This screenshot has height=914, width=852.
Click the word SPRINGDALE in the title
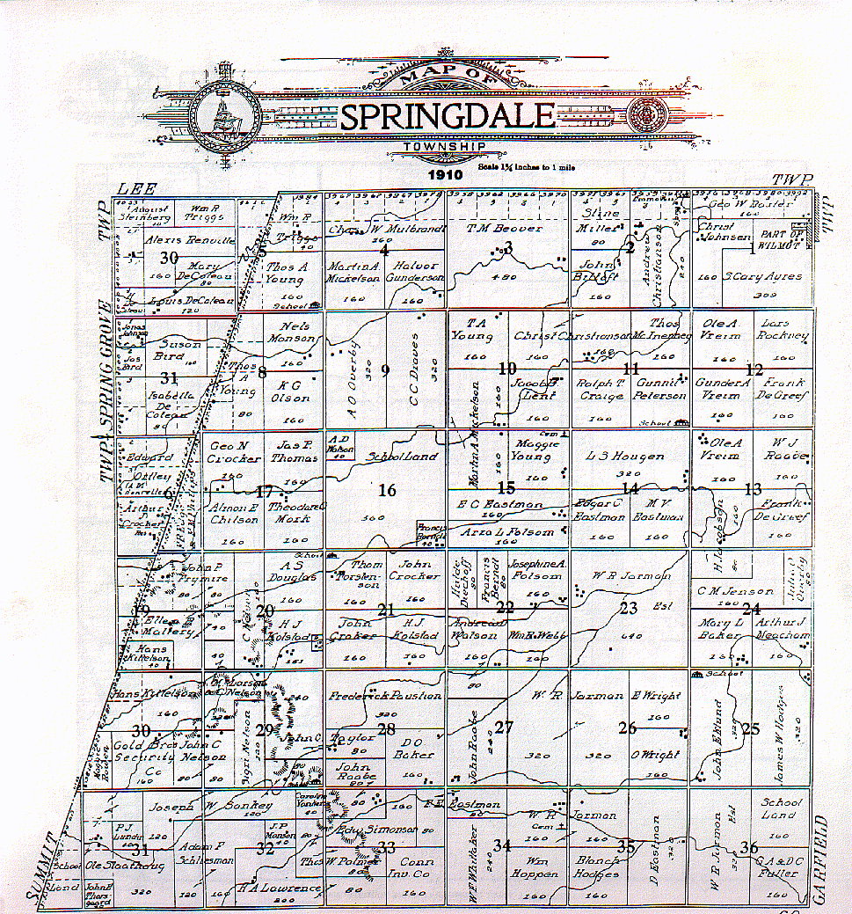447,116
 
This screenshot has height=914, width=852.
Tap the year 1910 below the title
448,175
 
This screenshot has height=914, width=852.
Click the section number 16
386,490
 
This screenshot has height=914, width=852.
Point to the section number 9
385,369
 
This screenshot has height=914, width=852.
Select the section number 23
628,608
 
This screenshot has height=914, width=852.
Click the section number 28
386,728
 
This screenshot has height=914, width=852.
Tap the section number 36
749,848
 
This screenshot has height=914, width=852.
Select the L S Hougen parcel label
624,457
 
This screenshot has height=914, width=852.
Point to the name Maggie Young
530,450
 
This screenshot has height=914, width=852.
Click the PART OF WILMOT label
783,239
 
